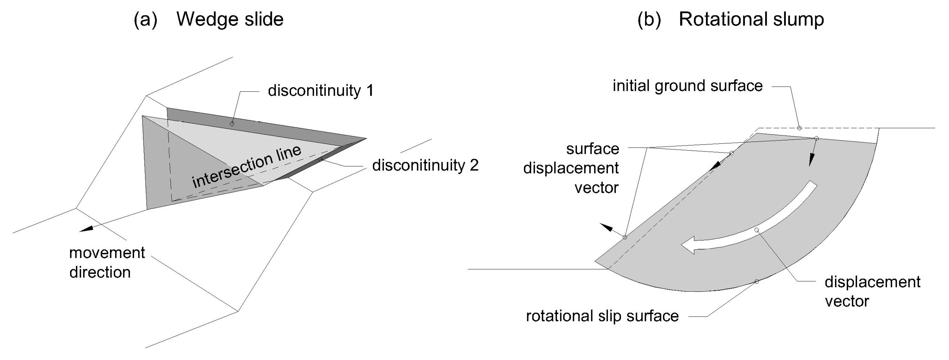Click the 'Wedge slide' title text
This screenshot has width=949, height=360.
pyautogui.click(x=230, y=19)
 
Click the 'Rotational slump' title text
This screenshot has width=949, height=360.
pyautogui.click(x=751, y=19)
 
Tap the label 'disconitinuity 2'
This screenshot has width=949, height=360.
pyautogui.click(x=425, y=166)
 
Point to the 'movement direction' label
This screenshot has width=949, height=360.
pyautogui.click(x=107, y=262)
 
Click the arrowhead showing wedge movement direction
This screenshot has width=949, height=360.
pyautogui.click(x=86, y=229)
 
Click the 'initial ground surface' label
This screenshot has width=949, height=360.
pyautogui.click(x=687, y=86)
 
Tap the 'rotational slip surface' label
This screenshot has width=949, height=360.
pyautogui.click(x=602, y=316)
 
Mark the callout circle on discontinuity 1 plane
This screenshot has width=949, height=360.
pyautogui.click(x=232, y=124)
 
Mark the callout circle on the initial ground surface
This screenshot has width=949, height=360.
pyautogui.click(x=799, y=128)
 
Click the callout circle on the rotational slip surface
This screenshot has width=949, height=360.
pyautogui.click(x=757, y=282)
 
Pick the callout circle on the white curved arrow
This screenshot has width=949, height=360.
pyautogui.click(x=757, y=230)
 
